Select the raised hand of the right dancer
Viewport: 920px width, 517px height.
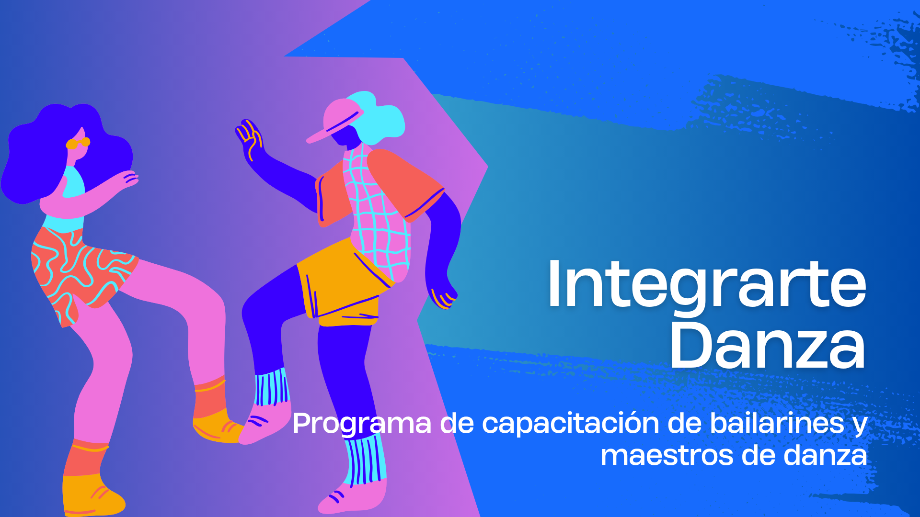249,139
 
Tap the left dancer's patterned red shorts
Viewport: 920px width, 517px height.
79,273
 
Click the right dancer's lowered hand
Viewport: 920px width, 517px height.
443,294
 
